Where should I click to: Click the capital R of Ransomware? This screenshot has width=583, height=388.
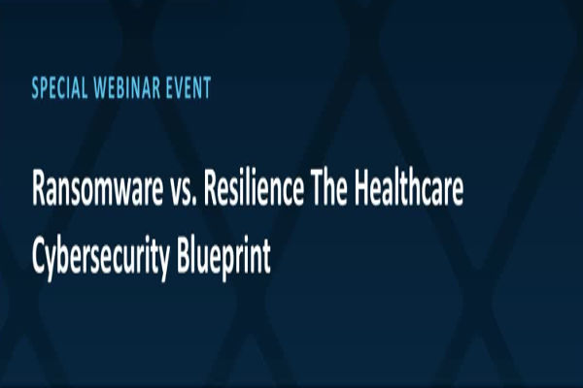pyautogui.click(x=39, y=190)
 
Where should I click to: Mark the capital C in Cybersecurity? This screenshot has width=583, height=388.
pyautogui.click(x=38, y=237)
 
